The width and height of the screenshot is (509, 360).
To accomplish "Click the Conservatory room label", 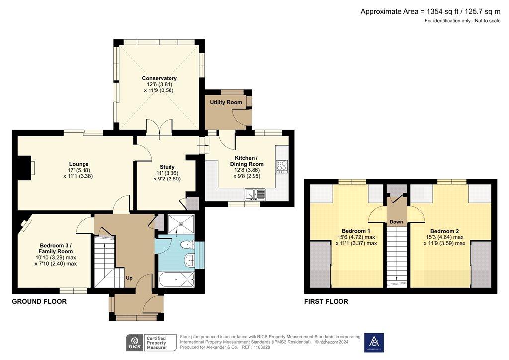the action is (159, 78).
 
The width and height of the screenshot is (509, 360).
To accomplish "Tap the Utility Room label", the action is (226, 102).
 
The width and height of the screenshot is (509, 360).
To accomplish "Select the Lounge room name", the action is (79, 164).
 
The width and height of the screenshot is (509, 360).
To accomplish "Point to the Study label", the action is (167, 167).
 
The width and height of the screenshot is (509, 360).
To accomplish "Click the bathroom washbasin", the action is (189, 260).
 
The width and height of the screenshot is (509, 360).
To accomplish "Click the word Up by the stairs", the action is (129, 278).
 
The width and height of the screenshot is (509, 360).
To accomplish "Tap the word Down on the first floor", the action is (396, 222).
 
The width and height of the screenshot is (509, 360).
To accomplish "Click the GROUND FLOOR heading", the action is (39, 301).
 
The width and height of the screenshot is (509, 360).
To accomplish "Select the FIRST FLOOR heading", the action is (326, 301).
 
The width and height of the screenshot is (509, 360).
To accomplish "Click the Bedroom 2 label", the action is (444, 231).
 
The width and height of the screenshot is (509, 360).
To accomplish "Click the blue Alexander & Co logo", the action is (374, 343).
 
